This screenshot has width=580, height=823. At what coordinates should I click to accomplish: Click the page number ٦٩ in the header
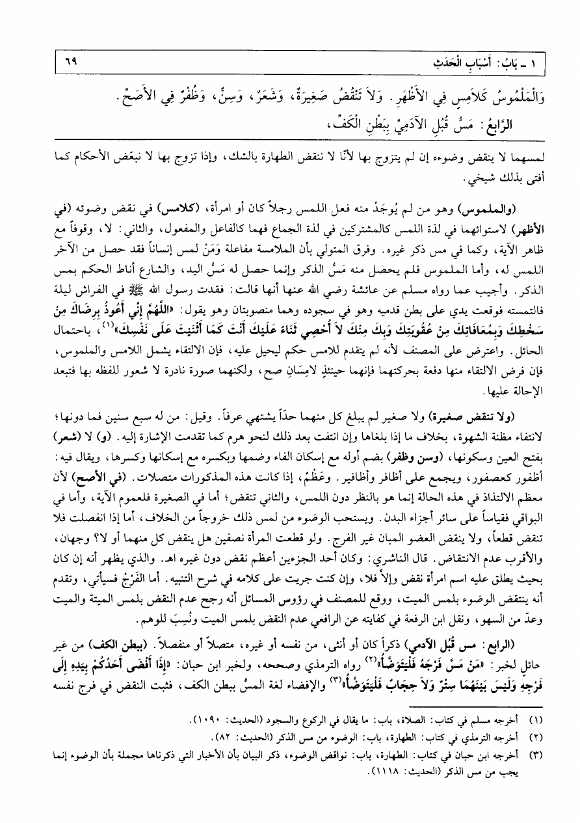63,64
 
